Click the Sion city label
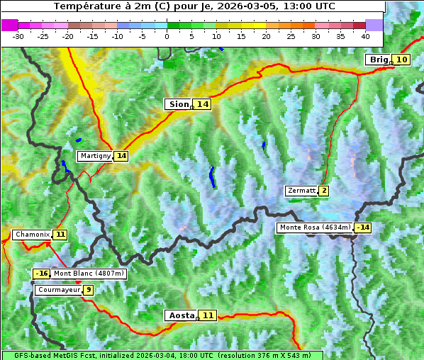coord(177,104)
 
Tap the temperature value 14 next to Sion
coord(203,104)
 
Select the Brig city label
coord(378,60)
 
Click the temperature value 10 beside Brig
coord(401,60)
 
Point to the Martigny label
coord(95,156)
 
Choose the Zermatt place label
coord(301,191)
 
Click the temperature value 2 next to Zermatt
coord(323,191)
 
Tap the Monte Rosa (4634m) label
coord(315,227)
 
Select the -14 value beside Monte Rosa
coord(363,227)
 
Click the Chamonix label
coord(31,235)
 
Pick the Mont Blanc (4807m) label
coord(89,274)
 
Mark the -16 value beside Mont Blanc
coord(42,274)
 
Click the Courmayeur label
coord(58,290)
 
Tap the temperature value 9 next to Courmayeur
coord(88,290)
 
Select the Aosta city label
coord(180,315)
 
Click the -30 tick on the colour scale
coord(18,36)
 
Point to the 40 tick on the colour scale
coord(365,36)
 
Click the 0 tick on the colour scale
coord(167,36)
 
